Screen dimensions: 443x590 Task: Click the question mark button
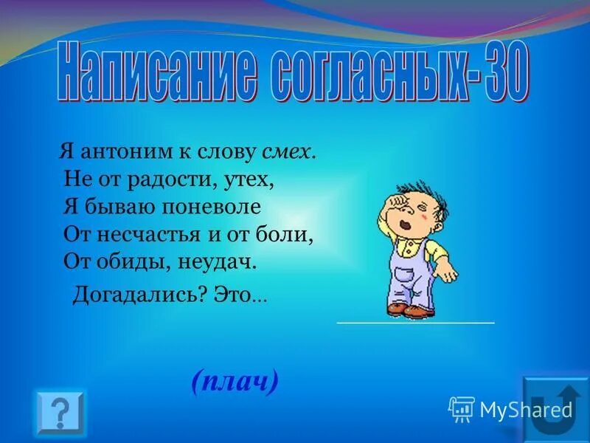(60, 413)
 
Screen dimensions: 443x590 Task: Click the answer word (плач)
(234, 381)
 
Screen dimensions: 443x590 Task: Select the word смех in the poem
(289, 153)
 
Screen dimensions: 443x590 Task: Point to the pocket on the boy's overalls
(403, 278)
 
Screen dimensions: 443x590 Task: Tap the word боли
(292, 234)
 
